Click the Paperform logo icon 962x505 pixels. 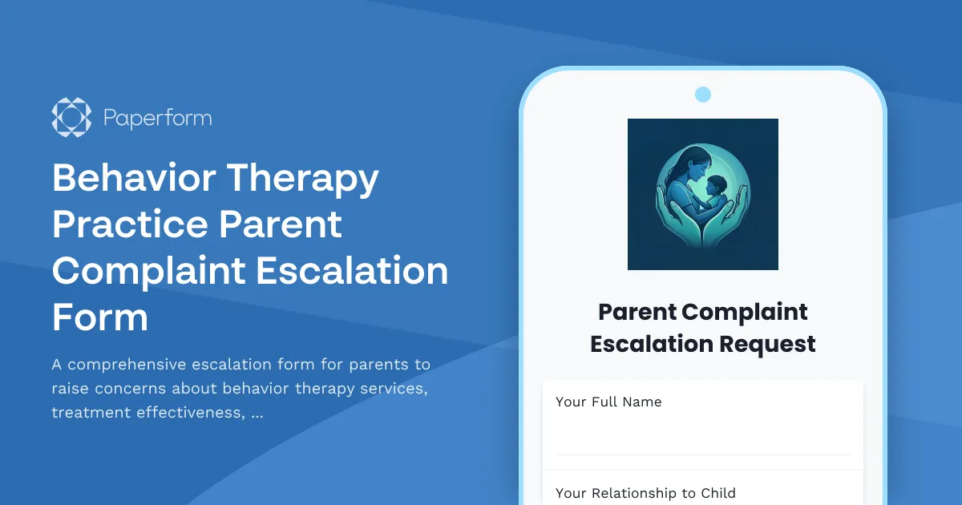point(71,118)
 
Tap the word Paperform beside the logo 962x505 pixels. point(157,119)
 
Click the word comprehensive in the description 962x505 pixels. point(130,365)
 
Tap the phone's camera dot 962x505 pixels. point(703,95)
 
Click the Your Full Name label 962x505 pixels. point(608,402)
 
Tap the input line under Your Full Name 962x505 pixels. point(702,454)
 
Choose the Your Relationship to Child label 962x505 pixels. point(645,493)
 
